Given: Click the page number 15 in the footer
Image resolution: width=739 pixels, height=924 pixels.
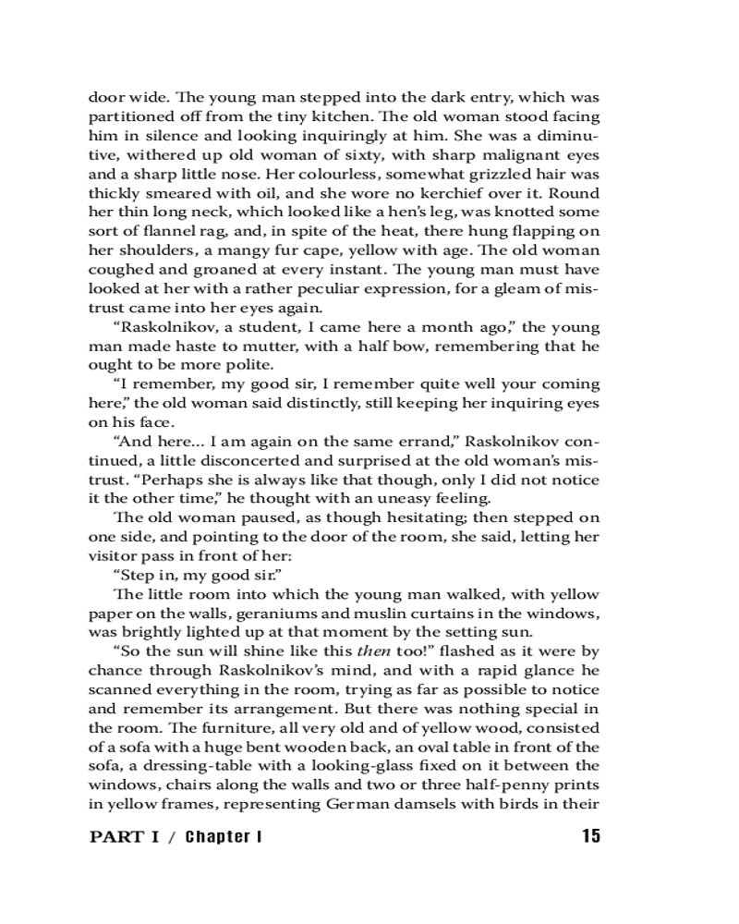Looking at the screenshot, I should [x=591, y=836].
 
